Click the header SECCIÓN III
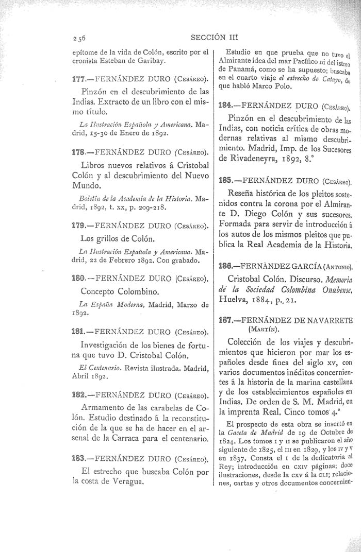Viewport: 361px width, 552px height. (x=212, y=37)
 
